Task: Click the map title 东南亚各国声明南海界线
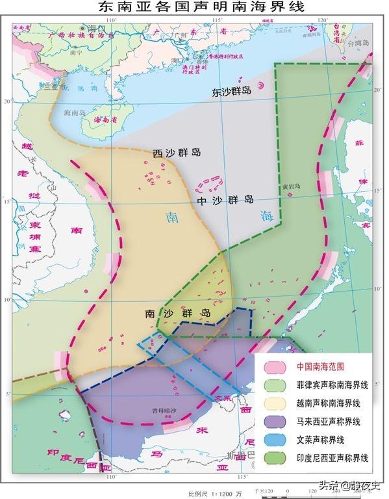coord(194,8)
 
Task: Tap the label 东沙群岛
coord(231,92)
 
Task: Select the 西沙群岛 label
coord(177,153)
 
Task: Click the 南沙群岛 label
coord(179,313)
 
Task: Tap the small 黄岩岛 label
coord(292,186)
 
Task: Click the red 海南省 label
coord(107,120)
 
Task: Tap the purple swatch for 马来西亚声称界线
coord(276,422)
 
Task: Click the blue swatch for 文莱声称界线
coord(276,440)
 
